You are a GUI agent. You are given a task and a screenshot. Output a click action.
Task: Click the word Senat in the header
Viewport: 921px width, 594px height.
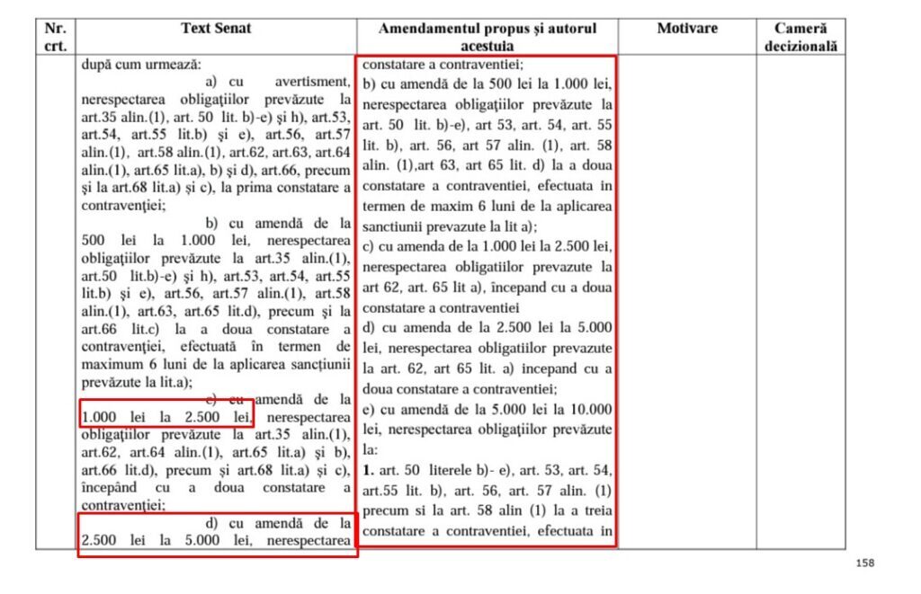click(233, 29)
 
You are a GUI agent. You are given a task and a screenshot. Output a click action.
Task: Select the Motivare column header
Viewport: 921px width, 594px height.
click(687, 29)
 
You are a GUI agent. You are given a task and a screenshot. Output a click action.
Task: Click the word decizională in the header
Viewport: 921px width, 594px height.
click(800, 45)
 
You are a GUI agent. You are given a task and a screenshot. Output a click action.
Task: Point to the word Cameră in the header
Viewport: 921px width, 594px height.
click(800, 29)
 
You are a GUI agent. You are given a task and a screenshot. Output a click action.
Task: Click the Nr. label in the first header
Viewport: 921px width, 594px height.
click(56, 29)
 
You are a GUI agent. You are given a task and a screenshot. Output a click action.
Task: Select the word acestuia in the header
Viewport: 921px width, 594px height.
click(487, 45)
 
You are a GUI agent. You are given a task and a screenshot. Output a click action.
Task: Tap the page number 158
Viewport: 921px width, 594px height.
click(865, 563)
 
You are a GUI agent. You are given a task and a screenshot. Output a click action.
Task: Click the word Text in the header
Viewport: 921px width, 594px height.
click(196, 29)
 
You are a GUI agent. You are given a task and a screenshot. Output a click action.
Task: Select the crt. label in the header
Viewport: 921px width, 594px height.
click(56, 45)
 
